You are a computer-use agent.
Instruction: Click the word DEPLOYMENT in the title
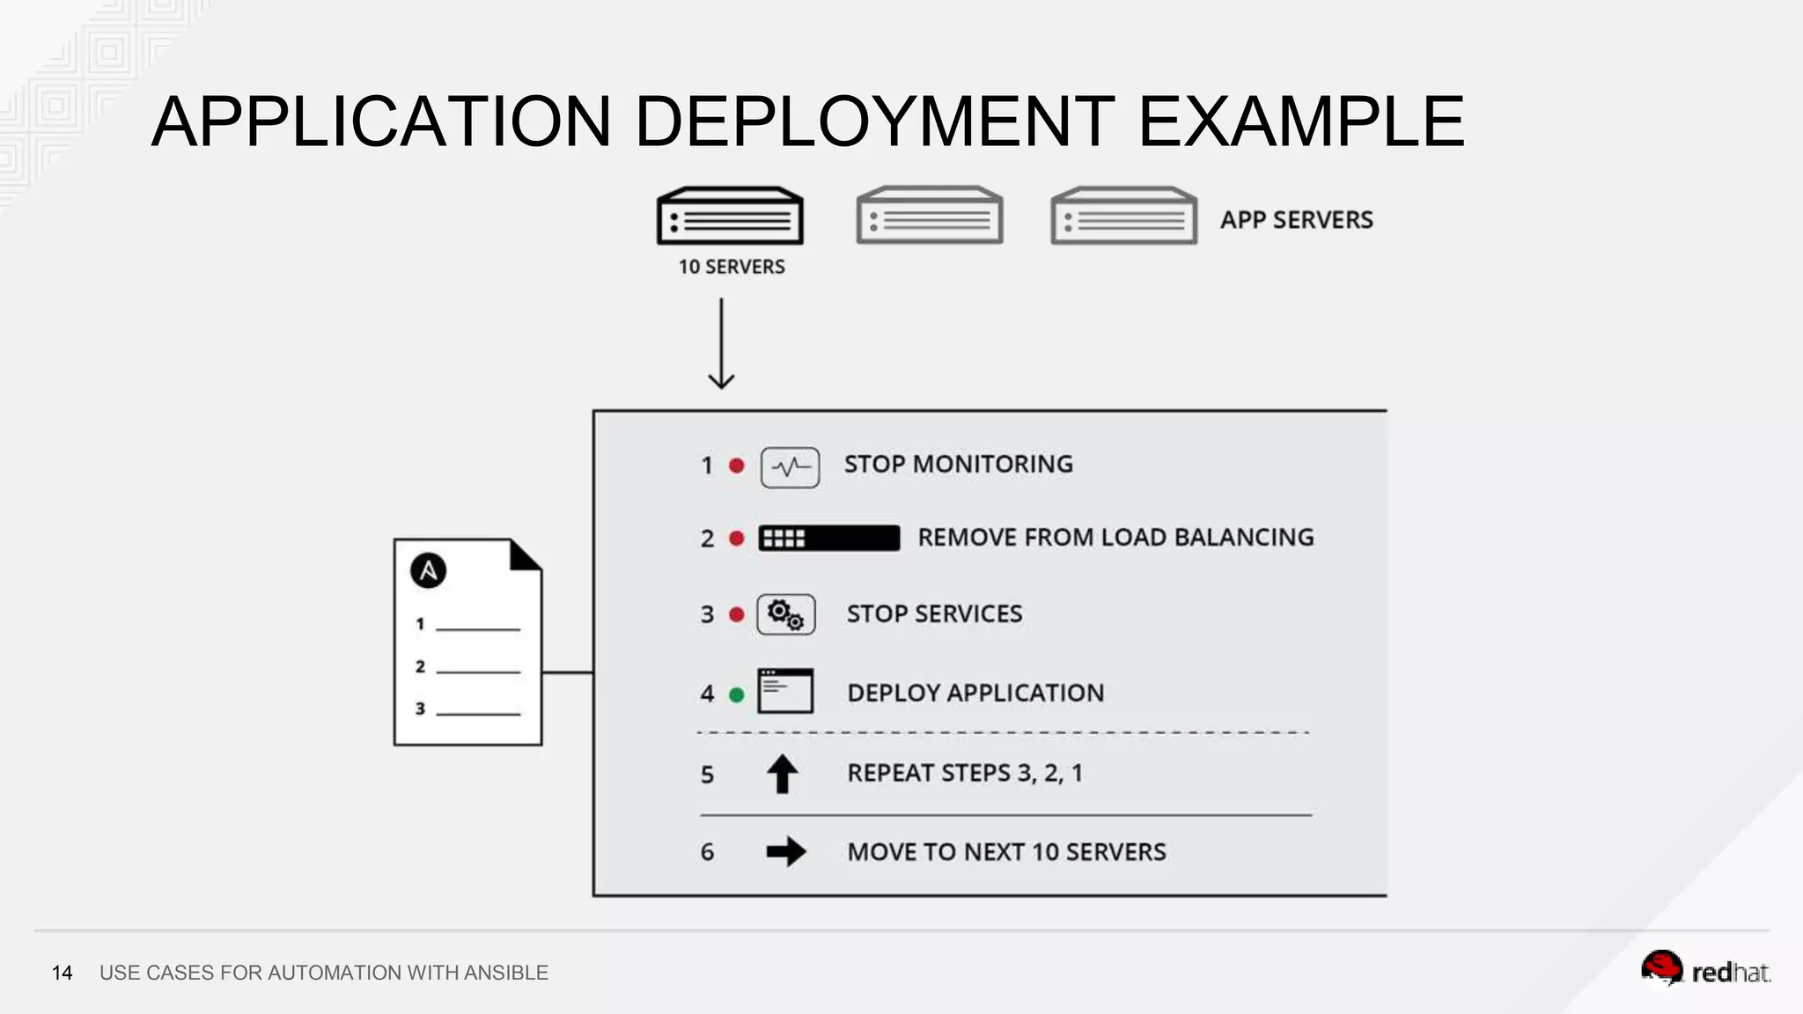tap(873, 121)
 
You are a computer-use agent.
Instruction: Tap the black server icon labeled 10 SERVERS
tap(730, 217)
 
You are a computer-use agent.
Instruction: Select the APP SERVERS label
tap(1296, 220)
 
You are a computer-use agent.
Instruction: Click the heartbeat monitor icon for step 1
tap(790, 467)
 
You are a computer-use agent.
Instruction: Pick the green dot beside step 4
tap(737, 694)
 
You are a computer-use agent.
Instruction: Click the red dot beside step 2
tap(737, 538)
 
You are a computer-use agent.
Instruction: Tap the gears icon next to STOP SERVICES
tap(785, 614)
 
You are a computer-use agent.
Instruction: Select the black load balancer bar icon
tap(828, 538)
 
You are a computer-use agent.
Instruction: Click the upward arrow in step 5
tap(782, 774)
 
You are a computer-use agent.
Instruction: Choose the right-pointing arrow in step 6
tap(785, 851)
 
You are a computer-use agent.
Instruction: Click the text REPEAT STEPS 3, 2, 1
tap(965, 773)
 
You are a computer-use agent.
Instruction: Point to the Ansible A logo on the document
tap(428, 570)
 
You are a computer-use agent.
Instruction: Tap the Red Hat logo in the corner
tap(1704, 970)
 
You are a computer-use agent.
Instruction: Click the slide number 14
tap(62, 973)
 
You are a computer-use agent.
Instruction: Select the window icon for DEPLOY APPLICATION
tap(784, 691)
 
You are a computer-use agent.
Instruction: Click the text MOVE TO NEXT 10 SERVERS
tap(1006, 852)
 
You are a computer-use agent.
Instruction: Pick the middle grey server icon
tap(929, 217)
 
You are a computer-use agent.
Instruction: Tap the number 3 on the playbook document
tap(420, 709)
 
